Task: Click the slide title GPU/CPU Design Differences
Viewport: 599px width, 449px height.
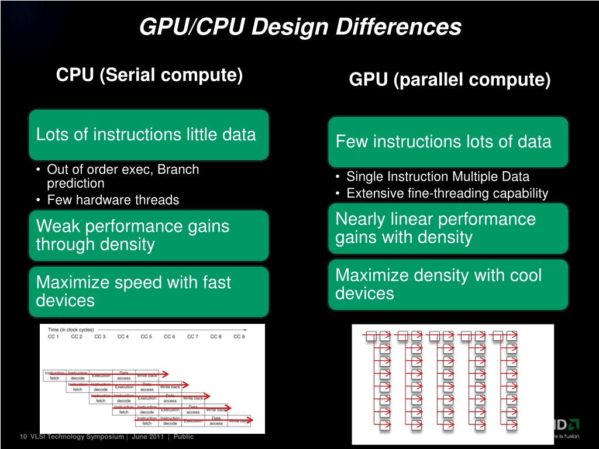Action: (x=300, y=27)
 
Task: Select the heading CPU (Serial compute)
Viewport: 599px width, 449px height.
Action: (x=149, y=75)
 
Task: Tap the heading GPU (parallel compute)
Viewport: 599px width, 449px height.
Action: (x=449, y=80)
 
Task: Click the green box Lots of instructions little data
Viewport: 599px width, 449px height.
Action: (x=149, y=134)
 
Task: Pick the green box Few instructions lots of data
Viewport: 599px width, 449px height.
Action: (x=448, y=141)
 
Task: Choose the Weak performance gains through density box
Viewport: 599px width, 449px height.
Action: (x=149, y=235)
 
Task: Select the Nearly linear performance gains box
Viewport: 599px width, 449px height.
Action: (x=448, y=228)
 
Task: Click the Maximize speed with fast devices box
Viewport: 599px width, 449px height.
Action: (x=149, y=291)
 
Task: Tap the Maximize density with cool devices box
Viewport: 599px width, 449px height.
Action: (x=448, y=284)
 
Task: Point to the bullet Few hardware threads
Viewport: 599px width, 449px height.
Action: (x=113, y=200)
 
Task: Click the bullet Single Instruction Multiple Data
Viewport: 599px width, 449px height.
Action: (x=438, y=177)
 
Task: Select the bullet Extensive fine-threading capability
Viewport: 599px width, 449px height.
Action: (x=447, y=194)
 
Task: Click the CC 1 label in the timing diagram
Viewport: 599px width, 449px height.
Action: (x=54, y=337)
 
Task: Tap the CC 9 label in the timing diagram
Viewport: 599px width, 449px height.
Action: (x=239, y=337)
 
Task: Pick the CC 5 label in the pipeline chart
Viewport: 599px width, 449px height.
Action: (x=146, y=337)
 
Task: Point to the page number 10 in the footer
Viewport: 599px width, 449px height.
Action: (x=23, y=437)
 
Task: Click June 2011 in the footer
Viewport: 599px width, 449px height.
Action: (x=148, y=437)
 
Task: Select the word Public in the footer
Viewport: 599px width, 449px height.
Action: (x=184, y=437)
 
